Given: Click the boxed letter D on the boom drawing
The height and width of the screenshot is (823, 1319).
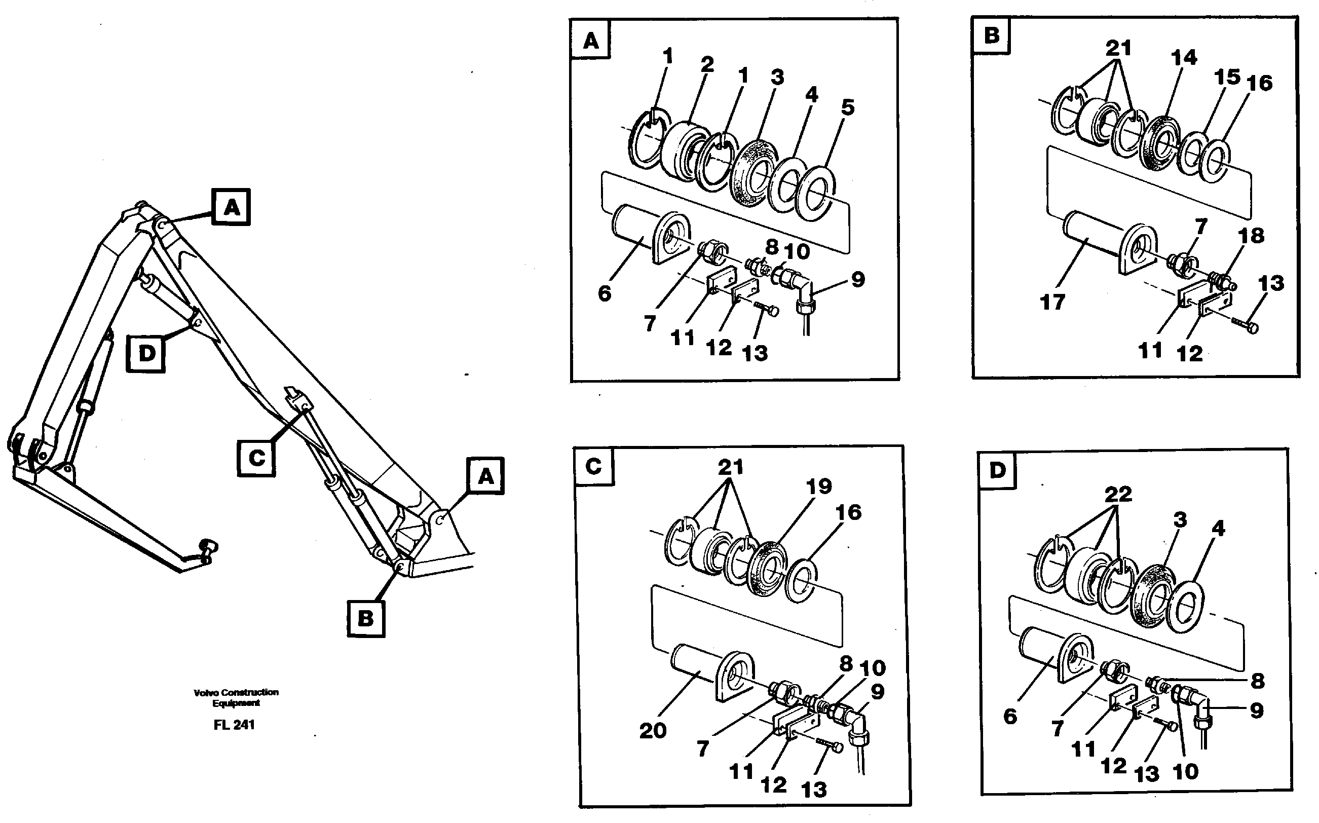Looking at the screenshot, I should [145, 354].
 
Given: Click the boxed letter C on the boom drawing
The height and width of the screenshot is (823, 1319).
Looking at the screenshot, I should [256, 458].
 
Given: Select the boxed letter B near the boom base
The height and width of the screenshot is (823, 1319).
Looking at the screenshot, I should [366, 618].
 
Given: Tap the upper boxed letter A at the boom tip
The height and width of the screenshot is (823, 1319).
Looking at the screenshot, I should [231, 207].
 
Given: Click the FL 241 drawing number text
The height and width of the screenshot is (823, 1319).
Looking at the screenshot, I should [234, 725].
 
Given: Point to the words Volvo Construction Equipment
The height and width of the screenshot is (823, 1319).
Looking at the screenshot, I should [236, 697].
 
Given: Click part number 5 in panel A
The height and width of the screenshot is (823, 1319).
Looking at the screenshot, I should [847, 107].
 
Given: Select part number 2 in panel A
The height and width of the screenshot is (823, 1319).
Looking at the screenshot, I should [706, 65].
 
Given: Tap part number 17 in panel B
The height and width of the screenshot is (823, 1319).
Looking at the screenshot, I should [1052, 302].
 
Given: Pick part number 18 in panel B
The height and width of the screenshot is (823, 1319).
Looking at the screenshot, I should [1251, 236].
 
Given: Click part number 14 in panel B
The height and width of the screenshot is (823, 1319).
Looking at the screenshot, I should [1184, 58].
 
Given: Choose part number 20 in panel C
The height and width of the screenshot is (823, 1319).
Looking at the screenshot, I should [653, 730].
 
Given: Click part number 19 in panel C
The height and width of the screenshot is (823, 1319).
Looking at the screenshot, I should [819, 486].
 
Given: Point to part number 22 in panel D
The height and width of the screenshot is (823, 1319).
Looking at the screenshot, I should [1118, 494].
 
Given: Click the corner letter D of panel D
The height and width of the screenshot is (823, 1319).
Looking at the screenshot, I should [997, 470].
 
